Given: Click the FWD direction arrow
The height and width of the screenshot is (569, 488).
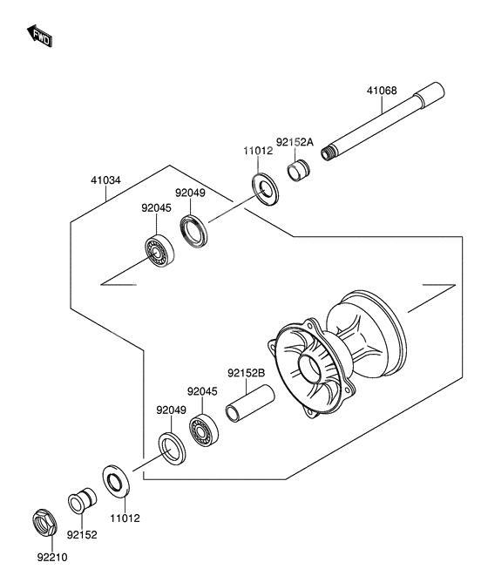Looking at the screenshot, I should [x=40, y=37].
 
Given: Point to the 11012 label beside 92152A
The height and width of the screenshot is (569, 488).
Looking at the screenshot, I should [x=258, y=150].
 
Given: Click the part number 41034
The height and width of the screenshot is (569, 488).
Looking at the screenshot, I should [x=105, y=181].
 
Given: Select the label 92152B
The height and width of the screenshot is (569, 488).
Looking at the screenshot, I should [x=246, y=373].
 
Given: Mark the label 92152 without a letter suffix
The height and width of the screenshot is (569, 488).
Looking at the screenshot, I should [x=84, y=536].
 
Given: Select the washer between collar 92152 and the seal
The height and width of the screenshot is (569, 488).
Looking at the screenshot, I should [x=114, y=483].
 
